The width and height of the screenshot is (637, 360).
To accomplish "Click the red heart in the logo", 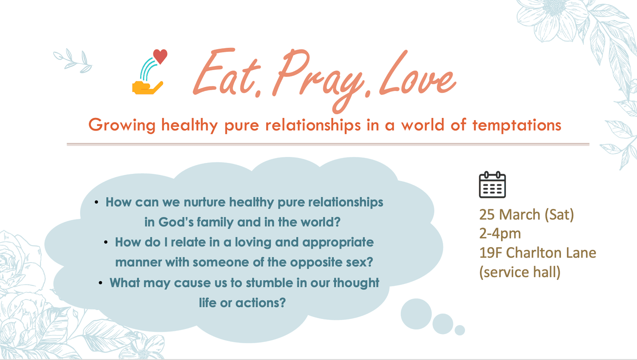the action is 160,56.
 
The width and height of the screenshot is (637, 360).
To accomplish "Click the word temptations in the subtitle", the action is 517,125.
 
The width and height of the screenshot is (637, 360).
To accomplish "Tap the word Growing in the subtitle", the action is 122,126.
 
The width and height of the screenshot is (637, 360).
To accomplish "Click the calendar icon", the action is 492,184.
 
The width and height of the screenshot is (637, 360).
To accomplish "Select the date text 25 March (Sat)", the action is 526,214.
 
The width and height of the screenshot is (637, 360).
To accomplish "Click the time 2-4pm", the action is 500,234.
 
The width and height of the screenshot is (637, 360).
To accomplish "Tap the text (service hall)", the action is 520,272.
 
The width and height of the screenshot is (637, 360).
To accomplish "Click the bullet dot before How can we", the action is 96,202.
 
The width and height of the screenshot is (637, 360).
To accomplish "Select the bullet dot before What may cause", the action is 101,283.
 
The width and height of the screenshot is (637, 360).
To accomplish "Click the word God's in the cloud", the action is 176,222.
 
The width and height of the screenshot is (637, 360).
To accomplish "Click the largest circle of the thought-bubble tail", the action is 416,314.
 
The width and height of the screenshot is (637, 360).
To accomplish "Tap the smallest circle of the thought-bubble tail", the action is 460,330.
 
